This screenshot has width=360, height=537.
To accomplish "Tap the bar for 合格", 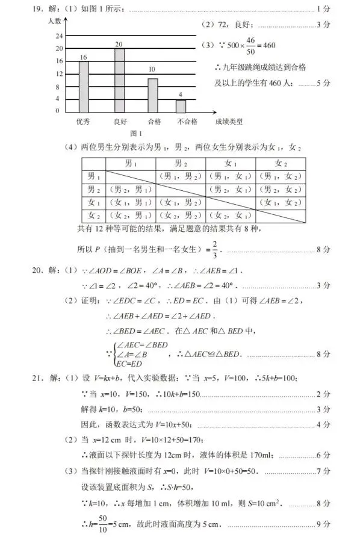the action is click(x=153, y=95).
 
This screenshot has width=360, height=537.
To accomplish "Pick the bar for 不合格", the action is click(x=181, y=105).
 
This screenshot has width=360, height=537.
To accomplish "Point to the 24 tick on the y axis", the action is click(x=58, y=36).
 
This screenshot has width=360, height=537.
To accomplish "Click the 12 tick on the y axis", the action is click(x=58, y=74).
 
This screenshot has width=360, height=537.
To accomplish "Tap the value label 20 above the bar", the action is click(x=119, y=45).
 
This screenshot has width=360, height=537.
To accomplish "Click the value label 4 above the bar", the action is click(x=181, y=95).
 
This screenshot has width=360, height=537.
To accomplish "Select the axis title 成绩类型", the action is click(x=229, y=122).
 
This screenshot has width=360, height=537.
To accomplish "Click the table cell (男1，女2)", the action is click(x=281, y=176).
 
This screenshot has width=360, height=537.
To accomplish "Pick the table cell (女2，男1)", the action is click(x=131, y=215).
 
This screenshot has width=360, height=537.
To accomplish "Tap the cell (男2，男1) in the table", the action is click(x=131, y=189).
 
